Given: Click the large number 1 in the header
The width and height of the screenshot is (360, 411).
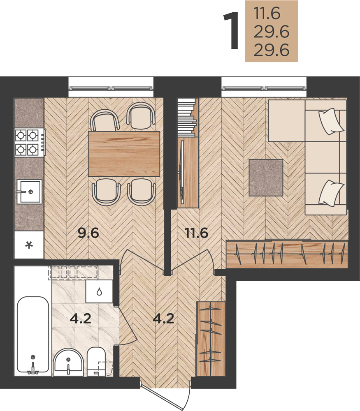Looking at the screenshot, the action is (231, 30).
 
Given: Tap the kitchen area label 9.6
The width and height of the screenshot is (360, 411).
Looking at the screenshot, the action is (88, 233).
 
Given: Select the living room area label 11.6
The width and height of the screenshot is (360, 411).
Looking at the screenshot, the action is (197, 233).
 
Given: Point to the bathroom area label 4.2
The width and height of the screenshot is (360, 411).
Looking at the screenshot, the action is (81, 319).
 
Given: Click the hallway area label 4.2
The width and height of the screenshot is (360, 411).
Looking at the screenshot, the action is (163, 319).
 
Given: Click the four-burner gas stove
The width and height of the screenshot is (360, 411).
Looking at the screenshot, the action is (29, 142).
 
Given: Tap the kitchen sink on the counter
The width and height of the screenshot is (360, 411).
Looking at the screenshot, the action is (29, 192).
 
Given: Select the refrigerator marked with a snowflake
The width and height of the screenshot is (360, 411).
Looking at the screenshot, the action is (29, 245).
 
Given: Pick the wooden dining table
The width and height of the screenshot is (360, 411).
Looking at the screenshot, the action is (124, 154).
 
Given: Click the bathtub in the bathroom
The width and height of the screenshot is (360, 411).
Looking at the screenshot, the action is (33, 335).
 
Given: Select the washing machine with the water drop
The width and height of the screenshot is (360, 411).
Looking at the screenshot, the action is (99, 291).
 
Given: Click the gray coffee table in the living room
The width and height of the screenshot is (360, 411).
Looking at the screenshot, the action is (266, 178).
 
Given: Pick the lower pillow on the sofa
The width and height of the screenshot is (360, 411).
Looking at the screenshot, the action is (331, 193).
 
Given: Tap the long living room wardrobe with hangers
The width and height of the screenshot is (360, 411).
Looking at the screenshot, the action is (287, 254).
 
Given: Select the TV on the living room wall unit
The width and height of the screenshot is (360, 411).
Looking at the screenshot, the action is (181, 172).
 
